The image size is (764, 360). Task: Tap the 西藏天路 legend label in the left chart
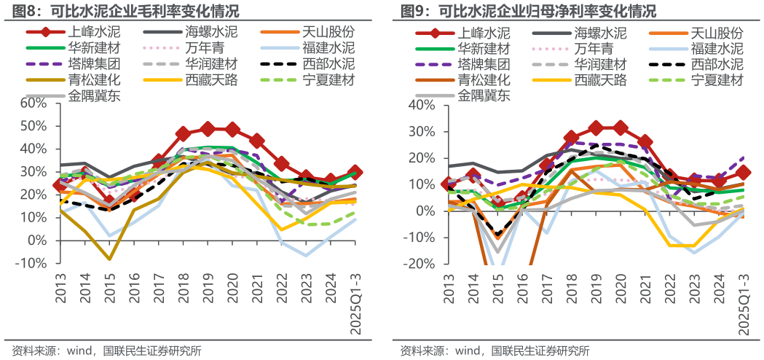[x=211, y=80]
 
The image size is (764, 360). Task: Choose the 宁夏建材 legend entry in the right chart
[x=717, y=80]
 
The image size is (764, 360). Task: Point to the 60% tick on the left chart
[x=33, y=103]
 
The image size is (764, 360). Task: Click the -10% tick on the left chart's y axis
[x=31, y=263]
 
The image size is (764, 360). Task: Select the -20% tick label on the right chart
[x=420, y=264]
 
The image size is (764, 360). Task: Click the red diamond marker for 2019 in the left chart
[x=208, y=128]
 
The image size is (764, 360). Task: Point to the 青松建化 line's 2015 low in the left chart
[x=109, y=259]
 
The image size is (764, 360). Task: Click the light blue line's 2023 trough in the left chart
[x=307, y=256]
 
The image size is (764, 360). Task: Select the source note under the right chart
[x=495, y=351]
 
